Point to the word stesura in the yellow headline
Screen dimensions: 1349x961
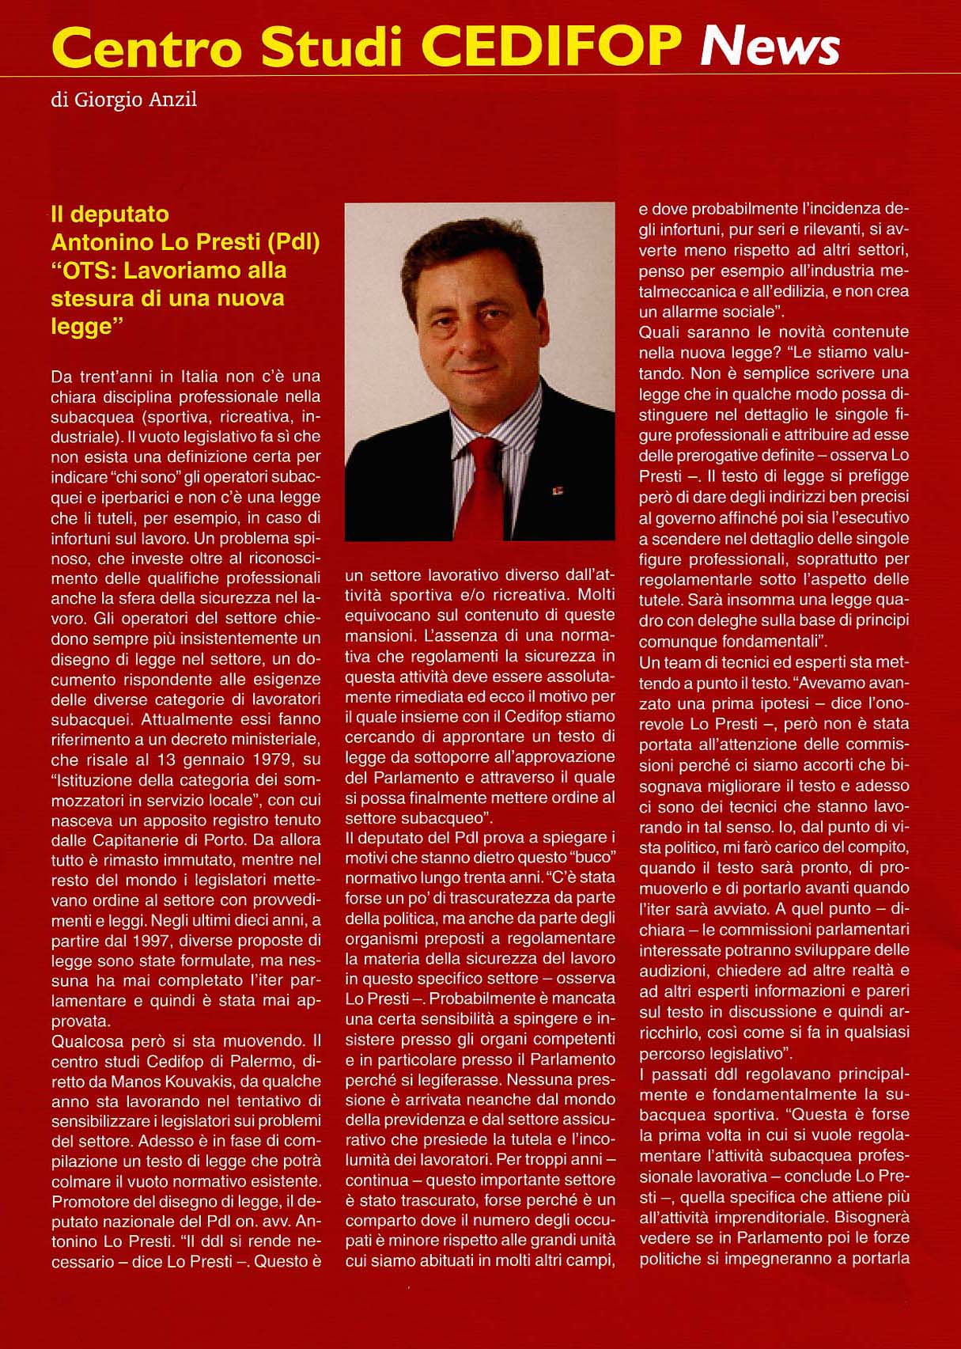(x=89, y=298)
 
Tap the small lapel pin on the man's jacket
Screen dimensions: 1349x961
(x=554, y=491)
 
